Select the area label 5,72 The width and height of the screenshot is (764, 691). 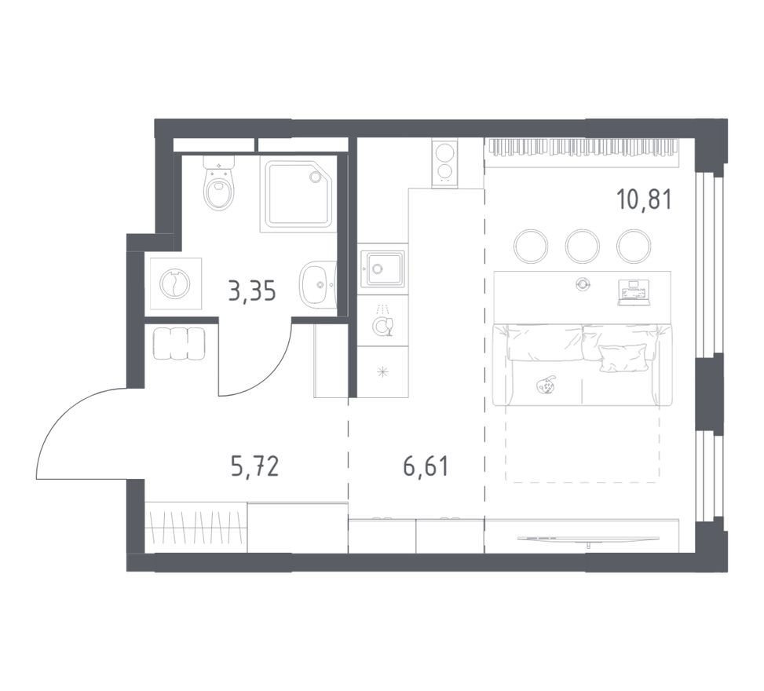[254, 469]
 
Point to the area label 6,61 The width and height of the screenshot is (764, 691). [426, 469]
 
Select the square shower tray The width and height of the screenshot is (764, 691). [298, 194]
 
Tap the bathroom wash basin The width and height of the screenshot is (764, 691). [317, 284]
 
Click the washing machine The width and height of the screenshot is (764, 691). [174, 283]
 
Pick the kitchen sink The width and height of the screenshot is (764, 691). [382, 269]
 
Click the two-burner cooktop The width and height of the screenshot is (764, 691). [444, 163]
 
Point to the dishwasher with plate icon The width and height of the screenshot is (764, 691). [382, 323]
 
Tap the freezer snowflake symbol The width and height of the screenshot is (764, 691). [382, 372]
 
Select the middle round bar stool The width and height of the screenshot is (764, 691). [582, 246]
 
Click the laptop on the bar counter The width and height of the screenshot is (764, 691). [633, 292]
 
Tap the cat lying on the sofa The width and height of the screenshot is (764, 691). [546, 385]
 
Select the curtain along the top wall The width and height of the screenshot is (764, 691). [581, 147]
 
